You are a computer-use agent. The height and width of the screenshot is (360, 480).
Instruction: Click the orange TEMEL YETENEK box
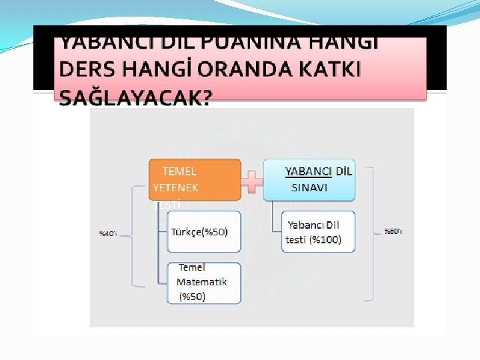tap(194, 179)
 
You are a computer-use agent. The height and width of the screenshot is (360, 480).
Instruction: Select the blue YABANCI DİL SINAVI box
tap(309, 179)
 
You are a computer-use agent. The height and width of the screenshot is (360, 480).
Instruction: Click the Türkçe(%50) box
tap(203, 232)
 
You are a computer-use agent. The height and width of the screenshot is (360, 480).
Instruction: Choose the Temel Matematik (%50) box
tap(203, 283)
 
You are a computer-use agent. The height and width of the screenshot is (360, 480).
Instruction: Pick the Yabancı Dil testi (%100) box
tap(319, 231)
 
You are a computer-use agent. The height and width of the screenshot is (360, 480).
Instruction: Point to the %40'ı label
tap(108, 233)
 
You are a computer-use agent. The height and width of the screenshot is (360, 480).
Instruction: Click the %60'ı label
tap(393, 231)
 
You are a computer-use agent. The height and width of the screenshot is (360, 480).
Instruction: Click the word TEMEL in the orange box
tap(179, 171)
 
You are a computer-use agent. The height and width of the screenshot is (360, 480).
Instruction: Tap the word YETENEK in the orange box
tap(175, 188)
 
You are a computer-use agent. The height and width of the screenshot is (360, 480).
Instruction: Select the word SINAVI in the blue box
tap(309, 187)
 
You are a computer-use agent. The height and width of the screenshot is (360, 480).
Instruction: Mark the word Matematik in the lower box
tap(202, 281)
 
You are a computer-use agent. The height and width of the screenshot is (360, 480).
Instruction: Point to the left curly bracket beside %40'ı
tap(137, 233)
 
